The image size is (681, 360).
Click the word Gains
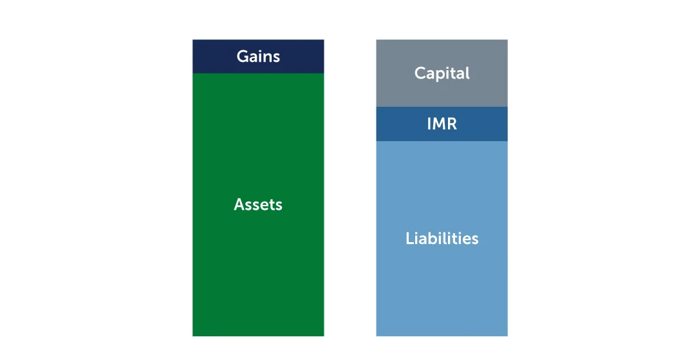pos(258,57)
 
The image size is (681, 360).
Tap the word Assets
pos(258,204)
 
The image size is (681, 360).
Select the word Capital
pos(442,73)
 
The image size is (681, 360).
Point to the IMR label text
pos(442,124)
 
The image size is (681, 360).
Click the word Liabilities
pos(442,238)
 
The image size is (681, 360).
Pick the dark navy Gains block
pos(258,57)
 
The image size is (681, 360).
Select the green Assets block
pos(258,205)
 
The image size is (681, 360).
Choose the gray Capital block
pos(442,73)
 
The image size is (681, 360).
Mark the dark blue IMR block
pos(442,124)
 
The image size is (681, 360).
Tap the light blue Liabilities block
pos(442,239)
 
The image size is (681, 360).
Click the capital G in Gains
pos(243,57)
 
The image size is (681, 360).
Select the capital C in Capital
pos(420,73)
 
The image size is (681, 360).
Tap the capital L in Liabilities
pos(410,238)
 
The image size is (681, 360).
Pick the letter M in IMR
pos(438,124)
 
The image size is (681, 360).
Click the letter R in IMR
pos(452,124)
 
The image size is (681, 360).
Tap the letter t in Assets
pos(272,205)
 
